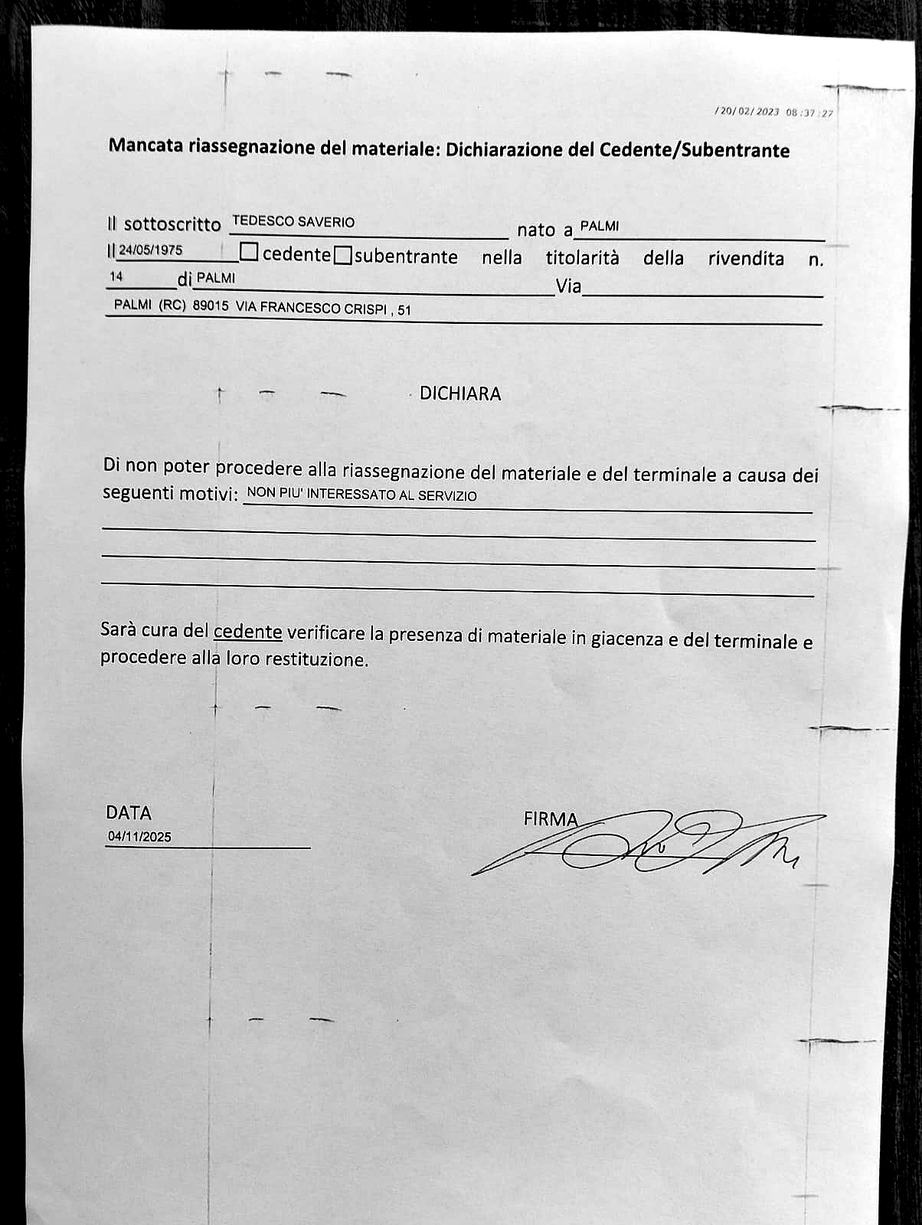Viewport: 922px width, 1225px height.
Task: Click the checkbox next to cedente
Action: pyautogui.click(x=249, y=252)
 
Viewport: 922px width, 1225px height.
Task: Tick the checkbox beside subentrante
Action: pyautogui.click(x=343, y=254)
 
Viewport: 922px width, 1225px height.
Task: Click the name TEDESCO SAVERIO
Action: pyautogui.click(x=293, y=222)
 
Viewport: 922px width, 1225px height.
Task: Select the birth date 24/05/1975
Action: pyautogui.click(x=150, y=250)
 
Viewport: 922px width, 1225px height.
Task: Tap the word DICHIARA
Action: pyautogui.click(x=460, y=394)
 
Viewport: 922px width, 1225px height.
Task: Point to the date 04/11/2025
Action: pyautogui.click(x=139, y=837)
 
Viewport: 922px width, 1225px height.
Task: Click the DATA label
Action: pyautogui.click(x=129, y=812)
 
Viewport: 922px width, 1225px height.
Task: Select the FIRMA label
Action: pyautogui.click(x=551, y=818)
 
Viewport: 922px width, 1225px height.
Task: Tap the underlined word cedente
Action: pyautogui.click(x=247, y=632)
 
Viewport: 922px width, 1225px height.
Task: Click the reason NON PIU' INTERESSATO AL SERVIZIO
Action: pyautogui.click(x=361, y=495)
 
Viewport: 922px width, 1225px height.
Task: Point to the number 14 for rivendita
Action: pyautogui.click(x=116, y=276)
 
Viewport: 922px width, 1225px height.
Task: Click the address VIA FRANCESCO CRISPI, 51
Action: pyautogui.click(x=323, y=309)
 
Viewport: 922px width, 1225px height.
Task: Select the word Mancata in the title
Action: pyautogui.click(x=145, y=145)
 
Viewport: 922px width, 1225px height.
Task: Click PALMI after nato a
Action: pyautogui.click(x=599, y=227)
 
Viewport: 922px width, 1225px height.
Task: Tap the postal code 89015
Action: pyautogui.click(x=211, y=305)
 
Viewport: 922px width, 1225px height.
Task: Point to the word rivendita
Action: pyautogui.click(x=746, y=259)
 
